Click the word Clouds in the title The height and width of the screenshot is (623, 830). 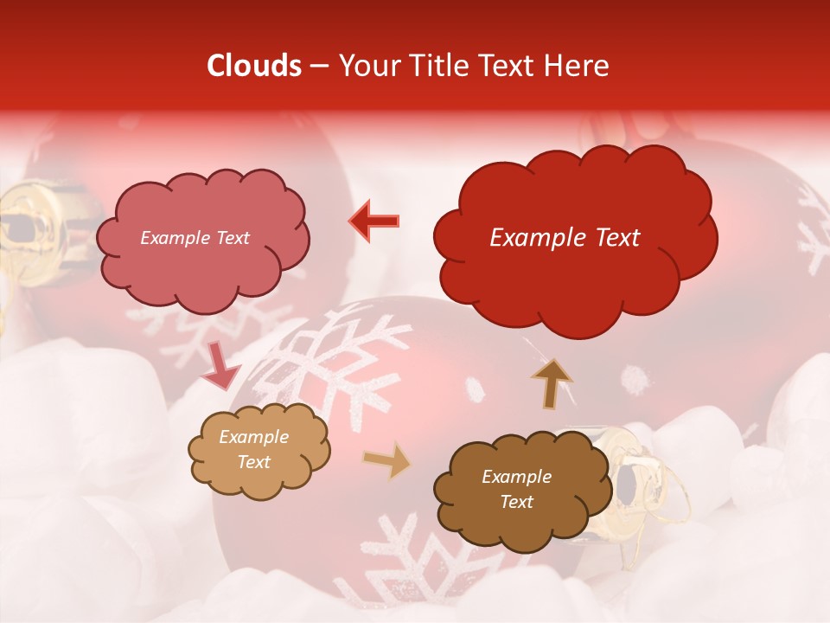[x=254, y=66]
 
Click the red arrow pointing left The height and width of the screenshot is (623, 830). [x=374, y=221]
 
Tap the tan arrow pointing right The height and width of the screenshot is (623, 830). [x=386, y=461]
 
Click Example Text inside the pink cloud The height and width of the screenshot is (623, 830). [x=195, y=238]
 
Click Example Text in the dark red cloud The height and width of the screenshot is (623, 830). [x=565, y=238]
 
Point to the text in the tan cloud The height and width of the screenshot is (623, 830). [x=253, y=449]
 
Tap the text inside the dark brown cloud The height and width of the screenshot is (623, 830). [x=516, y=489]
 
